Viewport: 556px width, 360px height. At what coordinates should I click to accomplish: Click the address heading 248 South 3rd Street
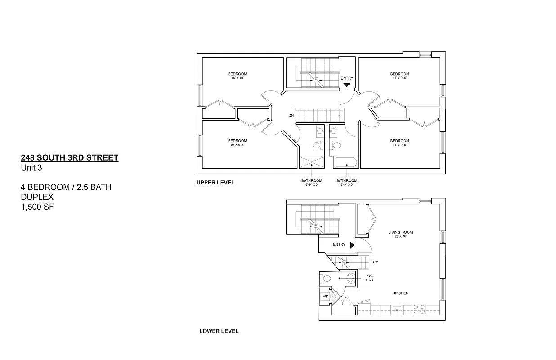[70, 157]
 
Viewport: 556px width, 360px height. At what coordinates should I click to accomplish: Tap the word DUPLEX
[37, 197]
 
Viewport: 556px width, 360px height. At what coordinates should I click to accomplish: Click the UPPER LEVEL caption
[215, 183]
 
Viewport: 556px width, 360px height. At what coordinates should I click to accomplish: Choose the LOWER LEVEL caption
[219, 331]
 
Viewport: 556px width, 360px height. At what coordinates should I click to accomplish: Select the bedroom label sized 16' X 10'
[237, 76]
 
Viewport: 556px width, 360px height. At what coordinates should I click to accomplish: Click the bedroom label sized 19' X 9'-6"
[237, 143]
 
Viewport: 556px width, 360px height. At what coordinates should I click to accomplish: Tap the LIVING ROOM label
[400, 234]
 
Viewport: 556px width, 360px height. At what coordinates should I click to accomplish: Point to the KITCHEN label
[400, 293]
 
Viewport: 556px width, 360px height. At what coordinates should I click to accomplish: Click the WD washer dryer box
[325, 297]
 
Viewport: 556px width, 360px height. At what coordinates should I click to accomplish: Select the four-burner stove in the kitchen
[419, 309]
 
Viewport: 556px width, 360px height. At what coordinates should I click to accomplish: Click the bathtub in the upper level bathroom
[345, 162]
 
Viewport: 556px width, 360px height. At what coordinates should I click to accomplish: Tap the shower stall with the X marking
[311, 162]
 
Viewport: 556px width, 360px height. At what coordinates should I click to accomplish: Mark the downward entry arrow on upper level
[347, 84]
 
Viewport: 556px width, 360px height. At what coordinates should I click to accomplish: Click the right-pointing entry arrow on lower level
[352, 245]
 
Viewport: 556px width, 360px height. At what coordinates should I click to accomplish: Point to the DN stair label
[291, 116]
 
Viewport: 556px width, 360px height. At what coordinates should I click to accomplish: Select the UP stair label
[375, 261]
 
